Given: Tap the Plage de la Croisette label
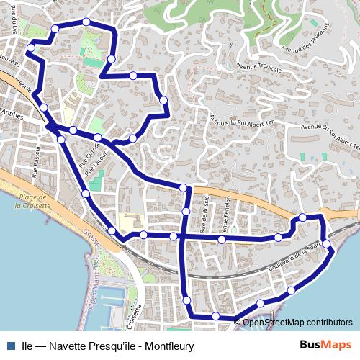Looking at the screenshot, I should click(33, 201).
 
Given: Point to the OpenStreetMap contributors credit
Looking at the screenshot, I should click(297, 323).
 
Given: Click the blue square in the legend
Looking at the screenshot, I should click(11, 345).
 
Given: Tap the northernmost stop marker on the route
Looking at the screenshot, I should click(86, 22).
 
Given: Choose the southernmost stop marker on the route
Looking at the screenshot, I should click(215, 316).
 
